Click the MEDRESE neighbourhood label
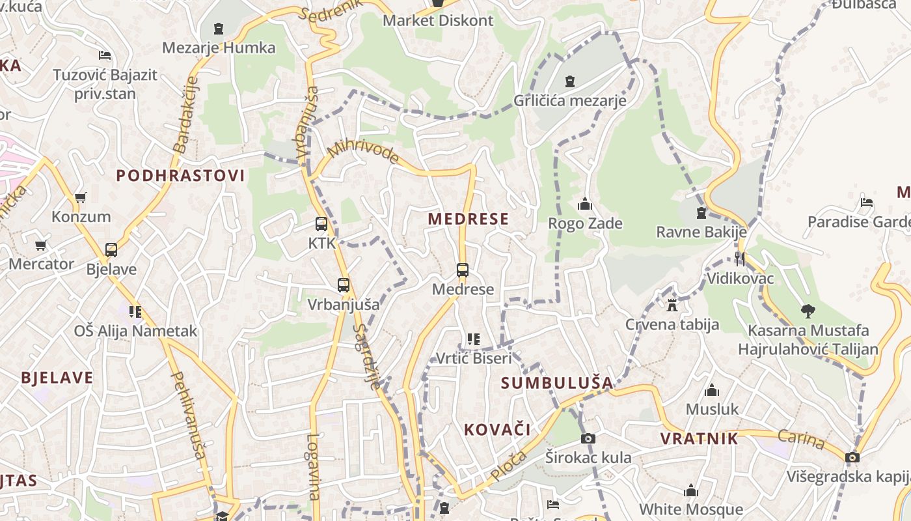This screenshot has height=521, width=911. (x=469, y=219)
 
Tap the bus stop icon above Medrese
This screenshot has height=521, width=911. (x=462, y=270)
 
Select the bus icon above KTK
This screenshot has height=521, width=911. (x=321, y=224)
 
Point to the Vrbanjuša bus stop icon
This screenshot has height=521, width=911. (x=343, y=285)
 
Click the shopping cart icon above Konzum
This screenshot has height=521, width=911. (x=81, y=197)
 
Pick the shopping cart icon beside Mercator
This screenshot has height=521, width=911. (x=41, y=245)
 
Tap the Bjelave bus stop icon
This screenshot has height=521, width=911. (x=111, y=249)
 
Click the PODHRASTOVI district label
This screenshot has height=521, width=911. (x=180, y=175)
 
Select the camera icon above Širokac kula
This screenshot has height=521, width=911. (x=588, y=438)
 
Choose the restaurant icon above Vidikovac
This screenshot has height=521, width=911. (x=739, y=259)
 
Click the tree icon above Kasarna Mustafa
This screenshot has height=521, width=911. (x=808, y=311)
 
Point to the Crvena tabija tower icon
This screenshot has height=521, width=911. (x=672, y=304)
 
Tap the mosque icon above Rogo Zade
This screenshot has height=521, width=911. (x=585, y=204)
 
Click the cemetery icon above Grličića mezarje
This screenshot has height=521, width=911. (x=570, y=81)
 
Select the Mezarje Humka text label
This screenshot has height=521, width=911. (x=219, y=48)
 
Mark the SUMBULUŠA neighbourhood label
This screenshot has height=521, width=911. (x=558, y=383)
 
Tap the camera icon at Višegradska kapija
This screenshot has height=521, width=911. (x=852, y=457)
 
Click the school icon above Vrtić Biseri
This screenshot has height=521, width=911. (x=473, y=339)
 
